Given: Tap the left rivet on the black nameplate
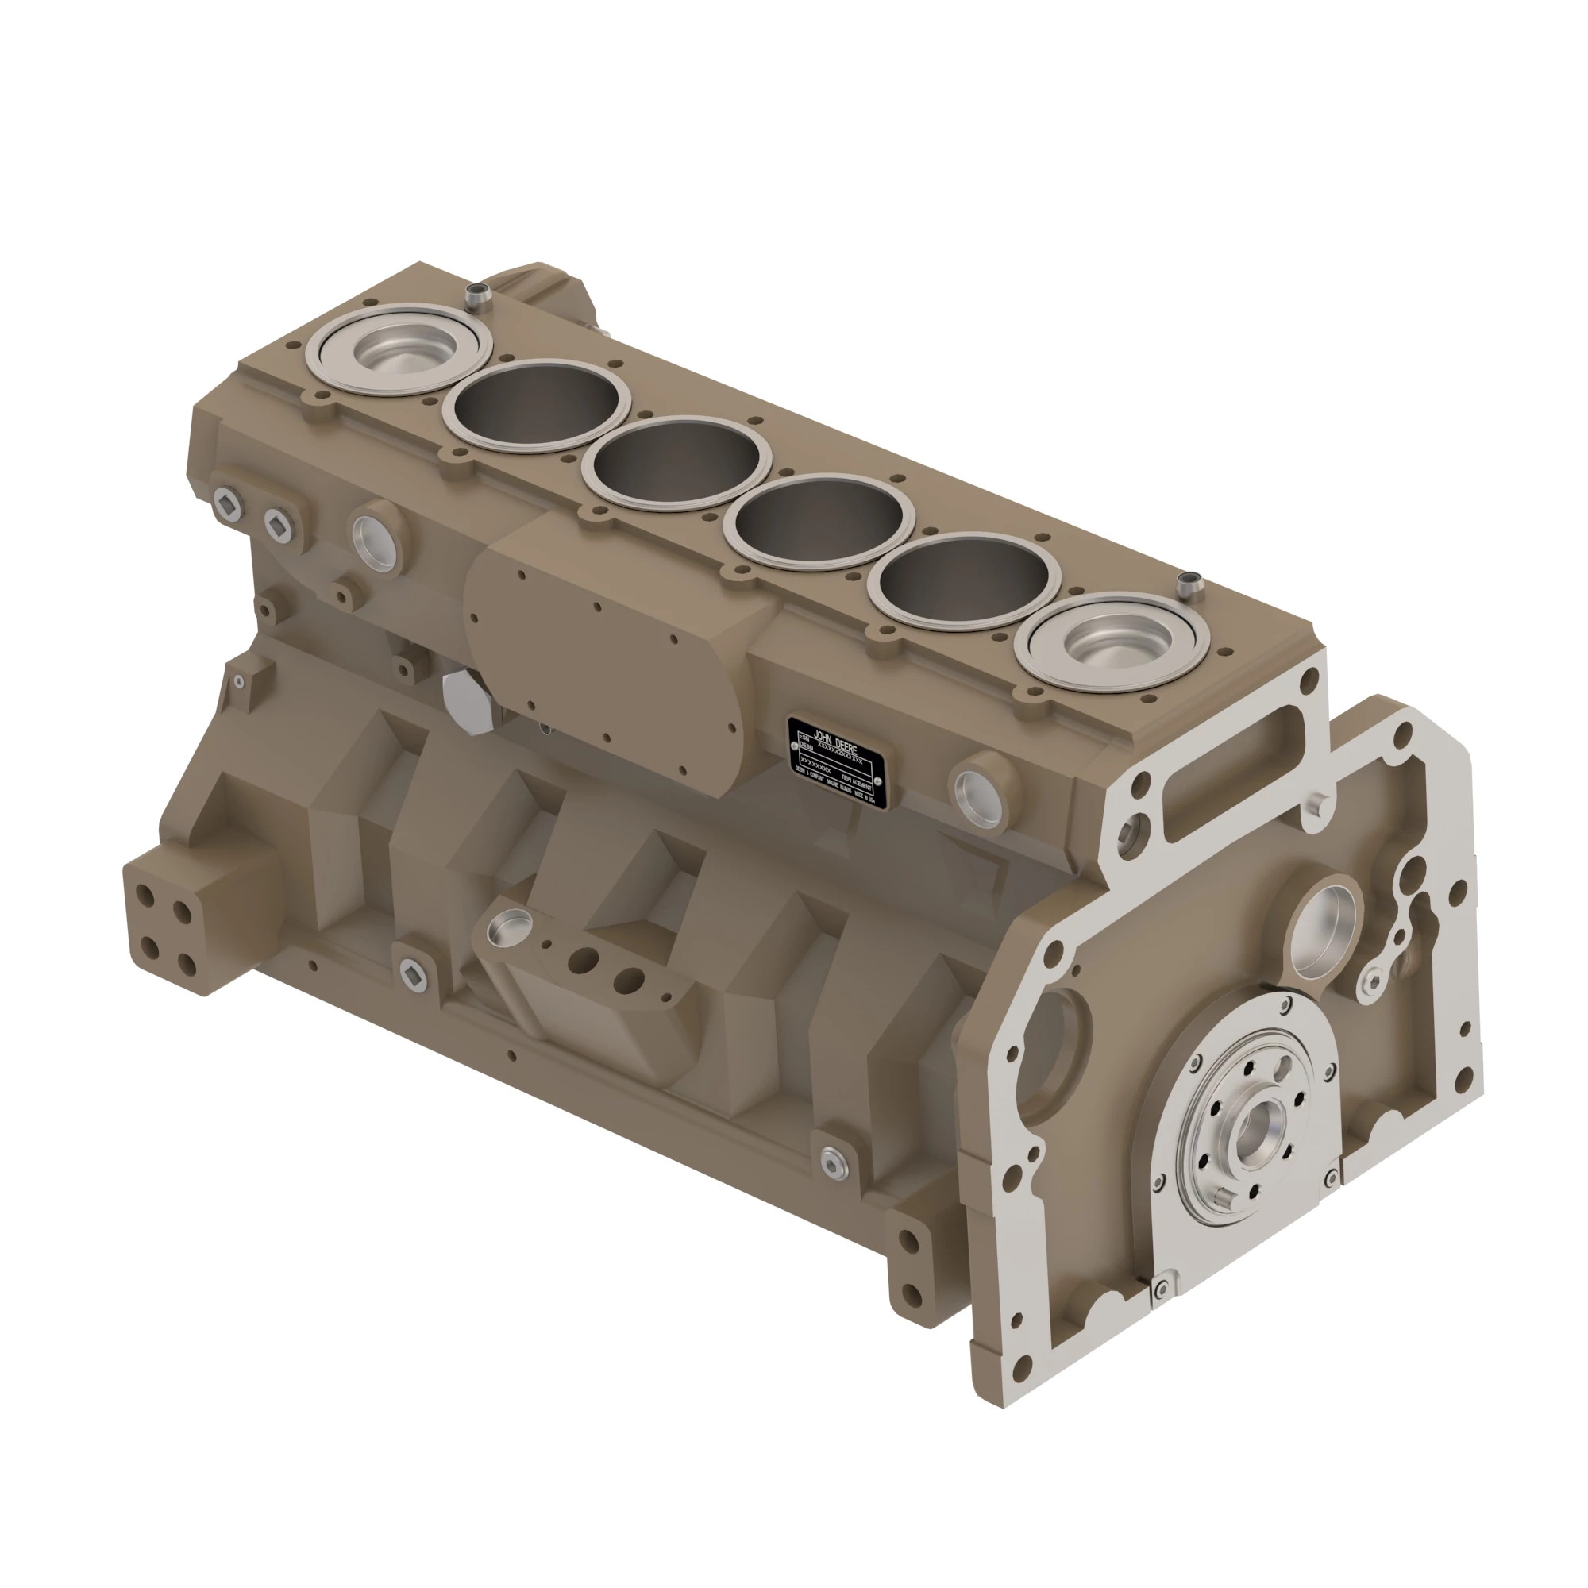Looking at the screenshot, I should (x=794, y=747).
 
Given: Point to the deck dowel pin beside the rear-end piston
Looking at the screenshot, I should (x=1186, y=585).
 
